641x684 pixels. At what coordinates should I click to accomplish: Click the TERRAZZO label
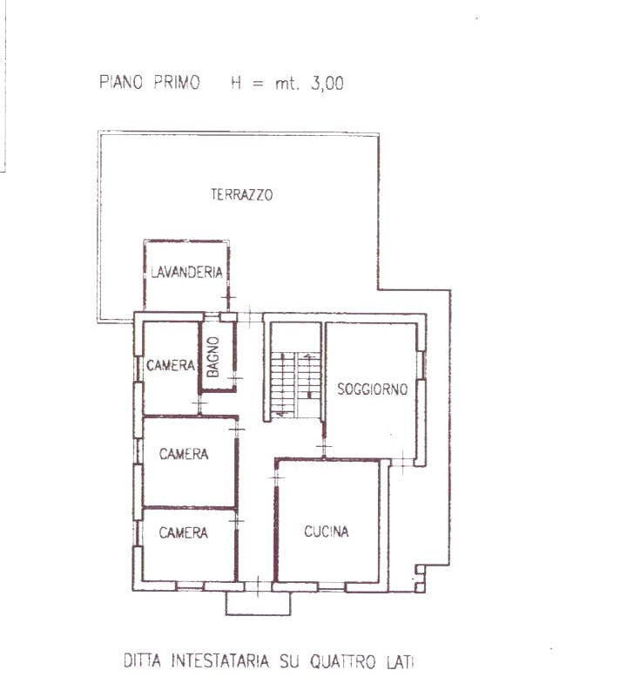[242, 194]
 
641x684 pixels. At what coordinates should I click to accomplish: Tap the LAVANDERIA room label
[186, 272]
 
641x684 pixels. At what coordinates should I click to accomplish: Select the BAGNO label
[213, 357]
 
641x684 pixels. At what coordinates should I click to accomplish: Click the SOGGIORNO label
[373, 389]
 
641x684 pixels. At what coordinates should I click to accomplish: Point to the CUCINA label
[327, 532]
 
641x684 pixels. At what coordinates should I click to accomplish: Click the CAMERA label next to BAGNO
[171, 365]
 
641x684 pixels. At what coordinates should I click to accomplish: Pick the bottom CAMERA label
[183, 532]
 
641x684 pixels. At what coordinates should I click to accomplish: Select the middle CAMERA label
[184, 454]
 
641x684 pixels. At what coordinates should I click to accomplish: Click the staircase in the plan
[296, 384]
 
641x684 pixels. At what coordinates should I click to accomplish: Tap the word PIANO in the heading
[121, 82]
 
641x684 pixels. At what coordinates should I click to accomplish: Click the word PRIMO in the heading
[177, 82]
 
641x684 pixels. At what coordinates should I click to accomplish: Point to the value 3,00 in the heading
[327, 83]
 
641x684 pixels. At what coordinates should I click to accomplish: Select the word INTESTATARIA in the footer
[219, 660]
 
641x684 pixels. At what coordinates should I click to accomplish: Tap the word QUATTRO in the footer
[343, 661]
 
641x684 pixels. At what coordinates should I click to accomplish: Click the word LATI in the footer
[400, 661]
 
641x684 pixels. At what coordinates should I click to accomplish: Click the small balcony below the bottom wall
[258, 603]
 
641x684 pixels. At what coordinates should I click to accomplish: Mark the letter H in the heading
[236, 83]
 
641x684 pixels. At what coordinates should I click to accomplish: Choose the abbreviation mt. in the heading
[287, 84]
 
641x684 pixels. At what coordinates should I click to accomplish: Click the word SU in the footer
[289, 660]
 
